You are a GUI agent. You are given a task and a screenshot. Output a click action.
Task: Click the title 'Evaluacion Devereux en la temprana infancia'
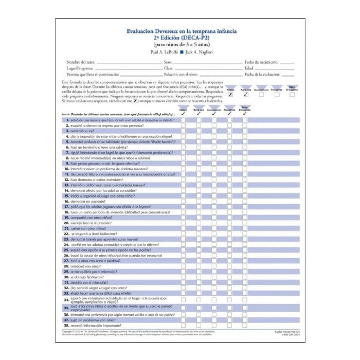click(x=182, y=31)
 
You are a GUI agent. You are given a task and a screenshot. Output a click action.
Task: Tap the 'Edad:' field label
click(x=249, y=68)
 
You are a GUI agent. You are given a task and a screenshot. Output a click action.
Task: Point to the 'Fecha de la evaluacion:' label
click(x=264, y=75)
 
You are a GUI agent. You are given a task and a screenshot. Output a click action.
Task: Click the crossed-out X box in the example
click(x=230, y=94)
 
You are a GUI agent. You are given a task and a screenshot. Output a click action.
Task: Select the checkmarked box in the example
click(x=246, y=94)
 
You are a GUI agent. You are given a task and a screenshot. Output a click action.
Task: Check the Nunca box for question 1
click(x=183, y=119)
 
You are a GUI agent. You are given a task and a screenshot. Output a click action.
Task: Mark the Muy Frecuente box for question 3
click(x=245, y=131)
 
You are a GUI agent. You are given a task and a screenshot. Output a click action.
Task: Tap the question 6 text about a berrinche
click(x=99, y=147)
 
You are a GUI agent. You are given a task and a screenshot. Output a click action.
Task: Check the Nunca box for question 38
click(x=183, y=326)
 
